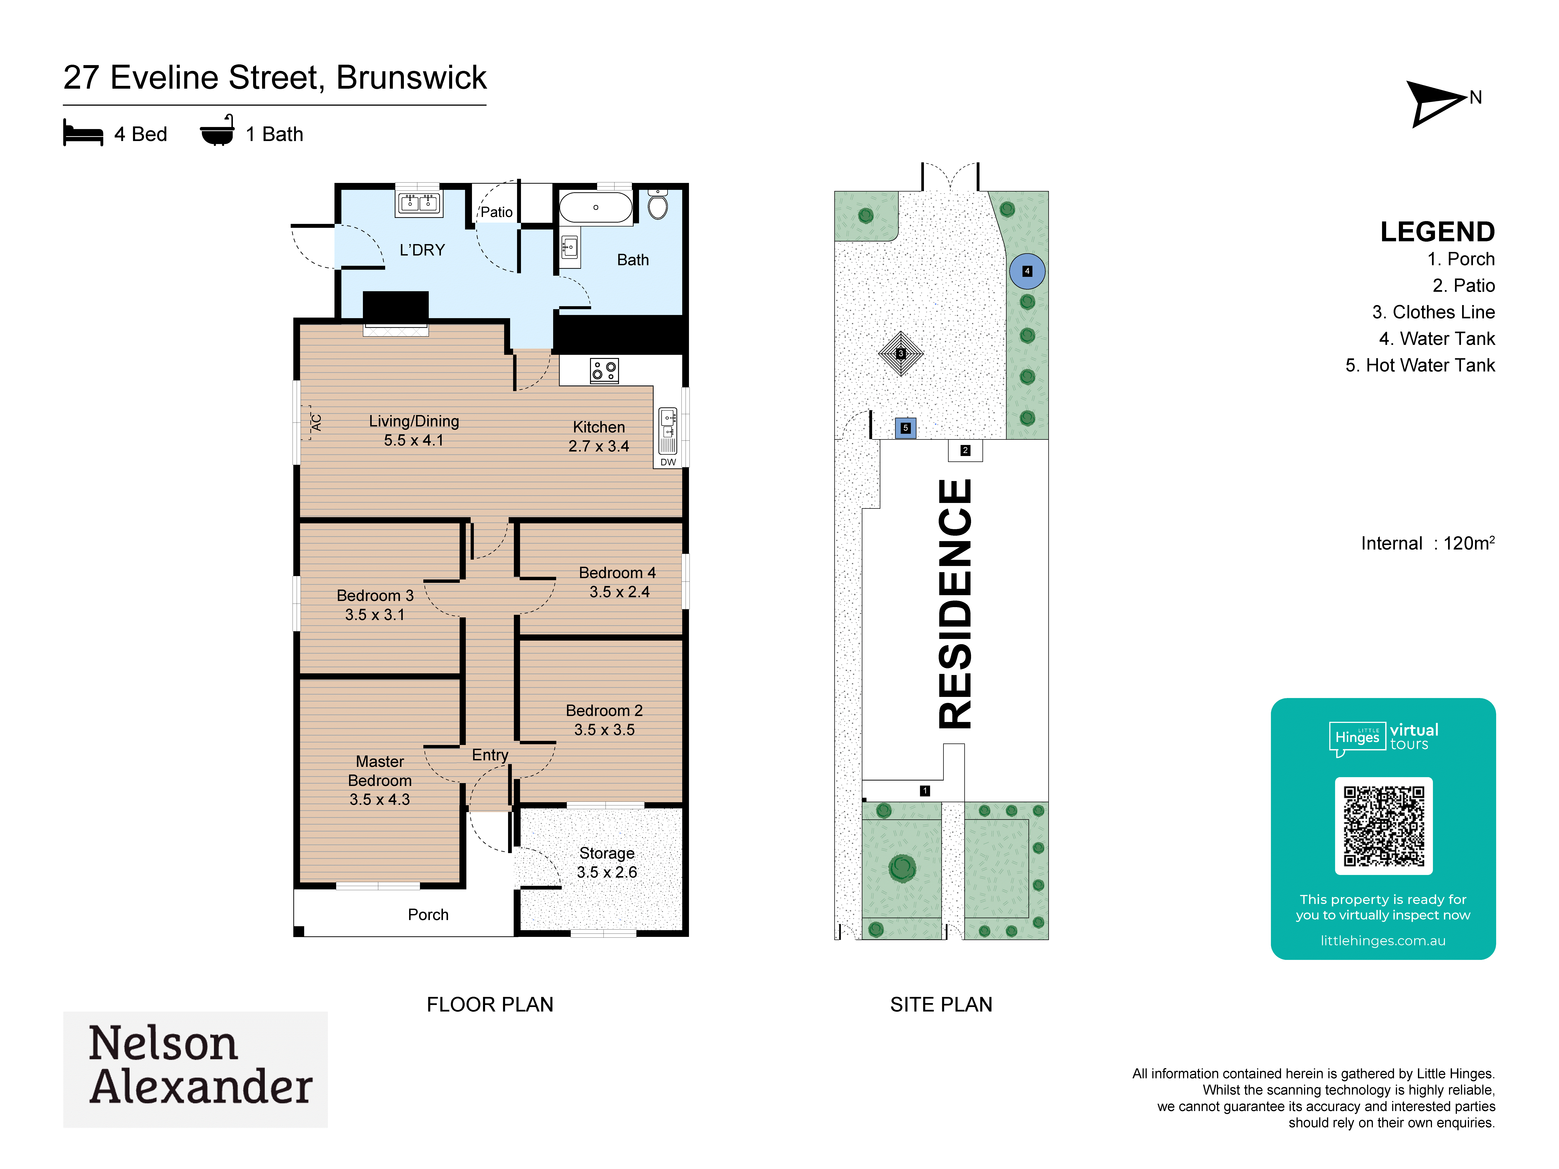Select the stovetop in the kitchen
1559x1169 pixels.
coord(604,370)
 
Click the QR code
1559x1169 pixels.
coord(1384,826)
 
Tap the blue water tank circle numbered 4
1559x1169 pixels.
coord(1027,271)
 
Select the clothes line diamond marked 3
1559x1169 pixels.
coord(901,354)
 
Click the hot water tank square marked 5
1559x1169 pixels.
coord(906,428)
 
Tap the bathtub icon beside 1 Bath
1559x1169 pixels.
coord(217,130)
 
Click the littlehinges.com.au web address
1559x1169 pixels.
coord(1383,941)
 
